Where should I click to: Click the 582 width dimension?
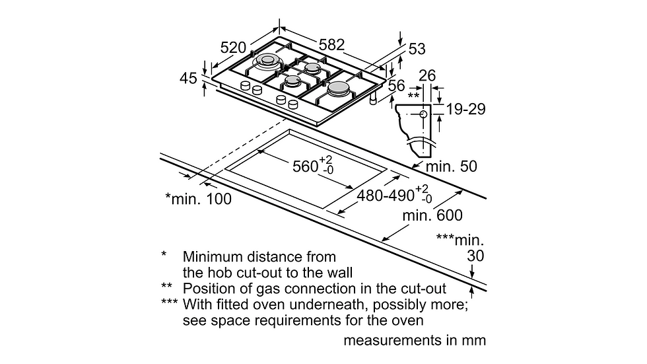(x=331, y=44)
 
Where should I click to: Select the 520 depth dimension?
(x=233, y=48)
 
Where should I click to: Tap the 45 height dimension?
(x=188, y=78)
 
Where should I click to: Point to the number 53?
(x=417, y=49)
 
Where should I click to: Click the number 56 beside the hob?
(x=397, y=85)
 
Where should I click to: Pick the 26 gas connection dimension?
(x=427, y=75)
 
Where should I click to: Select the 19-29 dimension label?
(x=465, y=109)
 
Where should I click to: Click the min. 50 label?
(x=451, y=166)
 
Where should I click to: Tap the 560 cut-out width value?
(x=305, y=166)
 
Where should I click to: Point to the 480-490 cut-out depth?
(x=386, y=195)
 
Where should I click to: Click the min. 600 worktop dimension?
(x=432, y=215)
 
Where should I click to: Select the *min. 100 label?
(x=198, y=199)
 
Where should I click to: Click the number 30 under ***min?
(x=475, y=256)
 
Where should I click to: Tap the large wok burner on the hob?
(x=266, y=62)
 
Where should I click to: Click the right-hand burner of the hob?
(x=339, y=87)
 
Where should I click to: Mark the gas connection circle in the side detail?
(x=423, y=114)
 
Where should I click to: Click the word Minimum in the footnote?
(x=213, y=257)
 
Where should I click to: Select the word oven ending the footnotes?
(x=409, y=320)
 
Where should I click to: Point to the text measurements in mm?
(x=415, y=340)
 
